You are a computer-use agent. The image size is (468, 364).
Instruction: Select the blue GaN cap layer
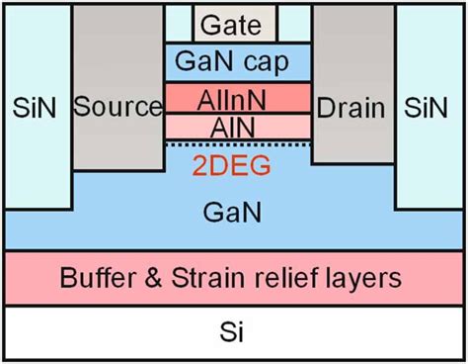click(236, 61)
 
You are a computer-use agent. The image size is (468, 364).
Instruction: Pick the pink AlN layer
click(236, 126)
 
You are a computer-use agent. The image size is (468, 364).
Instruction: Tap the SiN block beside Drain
click(431, 107)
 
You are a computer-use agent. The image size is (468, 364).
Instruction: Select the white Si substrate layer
click(234, 334)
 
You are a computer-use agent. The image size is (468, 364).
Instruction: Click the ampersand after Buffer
click(156, 278)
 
